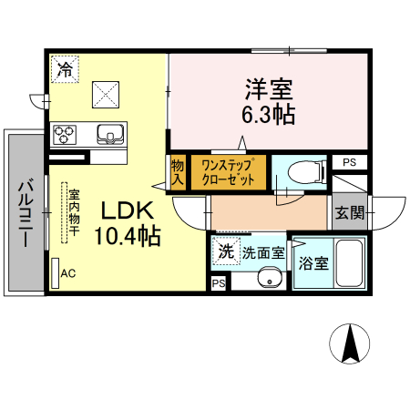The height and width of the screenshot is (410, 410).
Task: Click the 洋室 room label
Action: (268, 90)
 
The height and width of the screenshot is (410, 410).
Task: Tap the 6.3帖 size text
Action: (268, 117)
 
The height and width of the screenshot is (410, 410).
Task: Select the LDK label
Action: (127, 211)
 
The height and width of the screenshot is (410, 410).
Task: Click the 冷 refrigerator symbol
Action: (66, 69)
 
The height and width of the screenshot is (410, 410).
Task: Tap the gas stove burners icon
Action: (66, 135)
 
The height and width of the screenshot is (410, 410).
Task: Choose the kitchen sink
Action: (110, 134)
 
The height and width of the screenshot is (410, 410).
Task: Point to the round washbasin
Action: (268, 279)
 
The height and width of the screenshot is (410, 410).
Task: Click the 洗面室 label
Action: (262, 250)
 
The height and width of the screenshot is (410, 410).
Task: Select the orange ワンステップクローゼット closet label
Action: (228, 171)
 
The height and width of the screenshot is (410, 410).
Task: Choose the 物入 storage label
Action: (178, 172)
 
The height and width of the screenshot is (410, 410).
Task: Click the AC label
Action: (68, 272)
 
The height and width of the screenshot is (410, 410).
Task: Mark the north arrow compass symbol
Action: (349, 343)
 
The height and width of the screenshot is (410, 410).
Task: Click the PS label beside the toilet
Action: (349, 162)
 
